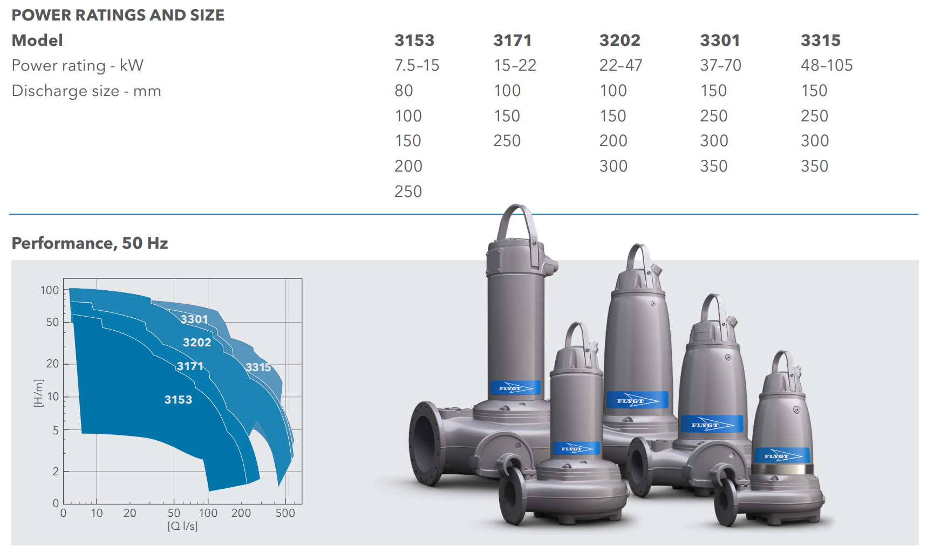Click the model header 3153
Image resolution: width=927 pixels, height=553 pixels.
click(414, 40)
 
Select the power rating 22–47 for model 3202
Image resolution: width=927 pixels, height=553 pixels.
click(621, 65)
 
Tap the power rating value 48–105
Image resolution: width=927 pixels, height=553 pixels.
click(826, 65)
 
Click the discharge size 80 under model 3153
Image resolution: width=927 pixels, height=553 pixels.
click(404, 91)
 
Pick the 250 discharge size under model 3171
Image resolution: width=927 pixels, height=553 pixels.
click(507, 141)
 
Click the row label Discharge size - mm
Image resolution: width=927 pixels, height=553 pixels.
click(86, 91)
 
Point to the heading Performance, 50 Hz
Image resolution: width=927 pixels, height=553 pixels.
click(90, 243)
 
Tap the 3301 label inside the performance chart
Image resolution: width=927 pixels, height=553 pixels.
click(194, 319)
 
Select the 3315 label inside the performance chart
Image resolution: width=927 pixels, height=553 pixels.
click(258, 367)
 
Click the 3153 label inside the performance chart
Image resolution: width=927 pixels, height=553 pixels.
click(178, 400)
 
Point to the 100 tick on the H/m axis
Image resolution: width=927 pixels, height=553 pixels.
click(50, 290)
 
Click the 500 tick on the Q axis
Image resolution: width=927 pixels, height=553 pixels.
click(285, 513)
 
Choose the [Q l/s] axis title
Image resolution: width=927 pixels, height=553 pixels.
click(182, 526)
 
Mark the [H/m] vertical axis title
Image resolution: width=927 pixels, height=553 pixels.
click(38, 393)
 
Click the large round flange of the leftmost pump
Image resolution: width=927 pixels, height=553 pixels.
click(427, 442)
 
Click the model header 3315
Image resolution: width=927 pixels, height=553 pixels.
click(820, 40)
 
